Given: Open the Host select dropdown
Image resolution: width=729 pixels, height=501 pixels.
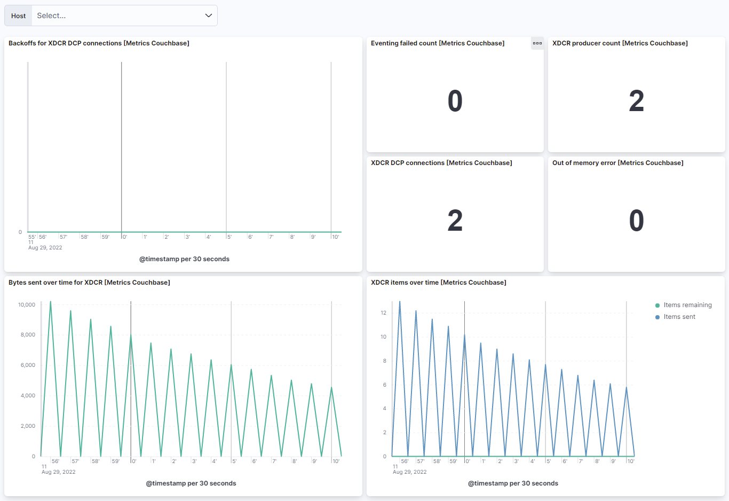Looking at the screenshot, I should pos(124,15).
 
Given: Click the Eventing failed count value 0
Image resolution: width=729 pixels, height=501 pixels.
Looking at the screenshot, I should pos(455,101).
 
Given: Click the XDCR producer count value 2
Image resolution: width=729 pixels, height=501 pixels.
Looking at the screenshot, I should pos(636,101).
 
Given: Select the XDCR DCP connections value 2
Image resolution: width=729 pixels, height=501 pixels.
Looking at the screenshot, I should pos(455,221).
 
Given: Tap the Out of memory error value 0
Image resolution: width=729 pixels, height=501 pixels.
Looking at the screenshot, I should pos(636,221).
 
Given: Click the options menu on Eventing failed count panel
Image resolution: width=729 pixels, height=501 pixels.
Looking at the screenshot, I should pos(537,43).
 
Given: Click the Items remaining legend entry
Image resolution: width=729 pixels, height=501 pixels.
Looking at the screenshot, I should pos(687,305).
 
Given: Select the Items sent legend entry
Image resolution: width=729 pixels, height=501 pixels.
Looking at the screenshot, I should pos(679,317).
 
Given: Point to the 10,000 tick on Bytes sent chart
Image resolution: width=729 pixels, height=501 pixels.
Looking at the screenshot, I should pos(27,305).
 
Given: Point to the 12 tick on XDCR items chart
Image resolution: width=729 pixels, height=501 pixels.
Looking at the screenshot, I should pos(383,313).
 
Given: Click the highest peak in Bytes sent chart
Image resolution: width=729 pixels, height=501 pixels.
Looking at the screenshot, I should pos(51,302).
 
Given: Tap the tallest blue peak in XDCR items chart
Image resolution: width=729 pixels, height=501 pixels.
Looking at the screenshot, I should pos(400,302).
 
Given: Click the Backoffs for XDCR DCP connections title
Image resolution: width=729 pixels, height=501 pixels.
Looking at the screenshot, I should pos(99,43).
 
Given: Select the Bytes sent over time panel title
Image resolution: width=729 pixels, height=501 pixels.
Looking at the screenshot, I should pos(89,283).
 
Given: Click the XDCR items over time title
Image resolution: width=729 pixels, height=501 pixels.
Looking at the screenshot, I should pos(438,283).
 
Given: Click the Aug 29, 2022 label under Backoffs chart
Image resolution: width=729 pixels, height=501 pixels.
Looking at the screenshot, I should pos(45,248).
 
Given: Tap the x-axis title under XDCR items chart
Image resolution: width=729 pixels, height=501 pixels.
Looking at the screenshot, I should pos(513,483).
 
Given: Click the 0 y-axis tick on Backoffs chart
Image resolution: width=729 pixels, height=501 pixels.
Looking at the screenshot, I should pos(20,232).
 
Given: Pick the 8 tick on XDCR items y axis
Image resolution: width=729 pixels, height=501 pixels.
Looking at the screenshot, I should pos(384,361).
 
